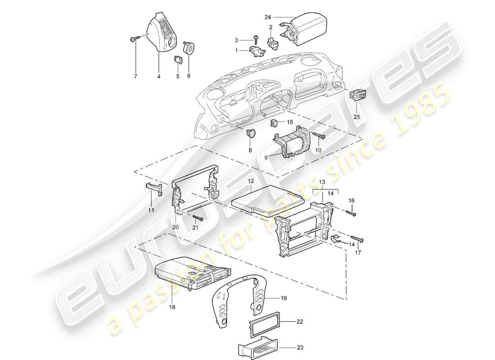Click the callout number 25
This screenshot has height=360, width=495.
[357, 117]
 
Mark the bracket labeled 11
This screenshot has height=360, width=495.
[153, 189]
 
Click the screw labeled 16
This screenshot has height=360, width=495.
[351, 211]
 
